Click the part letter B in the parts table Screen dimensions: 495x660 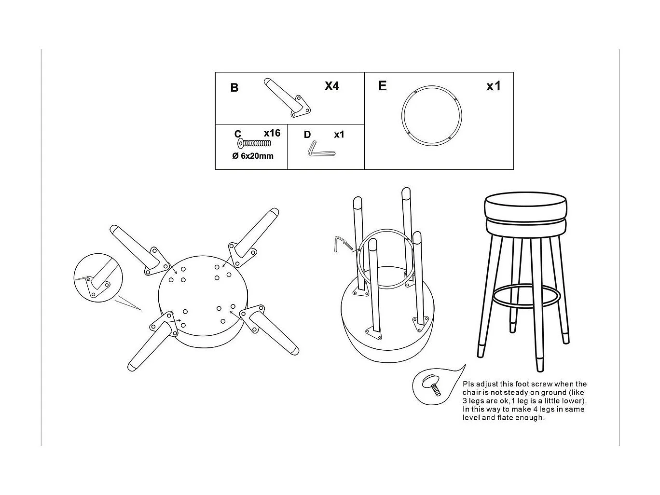pyautogui.click(x=234, y=88)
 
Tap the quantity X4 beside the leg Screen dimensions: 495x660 pyautogui.click(x=331, y=86)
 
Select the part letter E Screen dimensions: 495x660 pyautogui.click(x=383, y=86)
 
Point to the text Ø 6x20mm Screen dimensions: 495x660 pyautogui.click(x=253, y=156)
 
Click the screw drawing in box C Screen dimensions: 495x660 pyautogui.click(x=254, y=144)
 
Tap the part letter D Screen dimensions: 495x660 pyautogui.click(x=307, y=135)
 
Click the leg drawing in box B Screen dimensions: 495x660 pyautogui.click(x=287, y=97)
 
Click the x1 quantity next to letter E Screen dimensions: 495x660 pyautogui.click(x=493, y=86)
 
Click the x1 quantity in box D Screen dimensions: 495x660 pyautogui.click(x=339, y=135)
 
